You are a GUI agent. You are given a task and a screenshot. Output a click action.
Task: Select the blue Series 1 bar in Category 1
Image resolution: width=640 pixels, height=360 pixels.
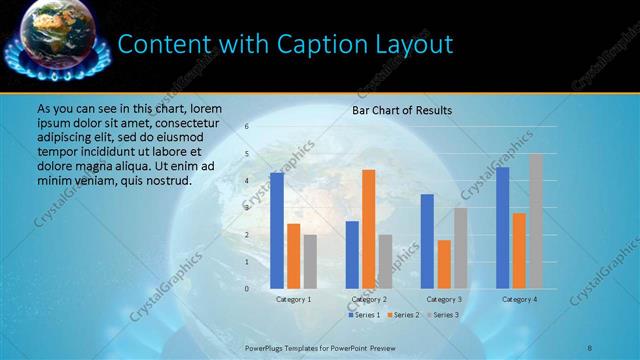277,231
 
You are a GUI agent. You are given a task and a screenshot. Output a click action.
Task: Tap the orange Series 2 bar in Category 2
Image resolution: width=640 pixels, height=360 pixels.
368,229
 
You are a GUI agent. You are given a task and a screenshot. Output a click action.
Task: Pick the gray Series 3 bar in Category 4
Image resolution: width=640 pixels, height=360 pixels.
536,221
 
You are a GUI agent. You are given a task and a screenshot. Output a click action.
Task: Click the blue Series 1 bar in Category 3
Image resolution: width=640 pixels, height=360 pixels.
427,241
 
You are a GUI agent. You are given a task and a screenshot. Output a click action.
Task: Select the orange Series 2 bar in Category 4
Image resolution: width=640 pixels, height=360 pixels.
519,250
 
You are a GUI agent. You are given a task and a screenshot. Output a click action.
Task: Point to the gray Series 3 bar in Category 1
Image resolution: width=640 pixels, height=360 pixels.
310,261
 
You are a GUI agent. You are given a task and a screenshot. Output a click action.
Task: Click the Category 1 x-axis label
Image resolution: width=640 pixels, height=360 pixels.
294,299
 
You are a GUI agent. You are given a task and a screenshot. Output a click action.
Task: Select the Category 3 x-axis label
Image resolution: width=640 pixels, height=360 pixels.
444,299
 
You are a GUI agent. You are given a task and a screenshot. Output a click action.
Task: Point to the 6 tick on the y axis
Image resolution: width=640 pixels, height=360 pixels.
247,127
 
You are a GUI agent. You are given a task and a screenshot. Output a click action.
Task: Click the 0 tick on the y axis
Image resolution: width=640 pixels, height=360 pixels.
247,289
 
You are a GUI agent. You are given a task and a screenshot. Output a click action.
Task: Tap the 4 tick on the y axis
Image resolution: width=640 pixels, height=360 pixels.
247,181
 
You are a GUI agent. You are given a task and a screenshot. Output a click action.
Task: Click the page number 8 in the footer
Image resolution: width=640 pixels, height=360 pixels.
590,348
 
